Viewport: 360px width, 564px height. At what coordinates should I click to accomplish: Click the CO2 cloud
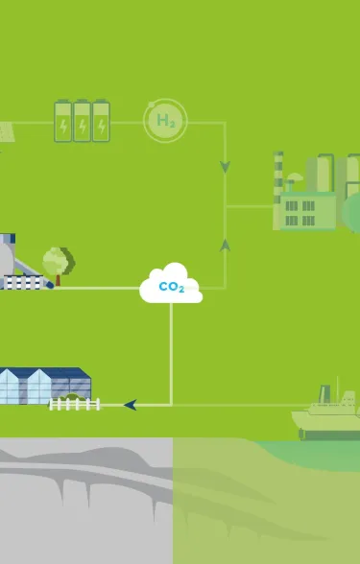[x=171, y=285]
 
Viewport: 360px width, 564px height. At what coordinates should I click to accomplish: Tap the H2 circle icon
[x=165, y=121]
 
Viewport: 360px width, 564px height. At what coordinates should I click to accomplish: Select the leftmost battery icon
[x=63, y=122]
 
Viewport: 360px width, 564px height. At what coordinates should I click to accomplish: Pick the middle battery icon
[x=82, y=122]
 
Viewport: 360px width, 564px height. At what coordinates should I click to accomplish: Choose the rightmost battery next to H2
[x=100, y=122]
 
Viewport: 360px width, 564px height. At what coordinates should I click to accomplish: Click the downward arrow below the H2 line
[x=226, y=167]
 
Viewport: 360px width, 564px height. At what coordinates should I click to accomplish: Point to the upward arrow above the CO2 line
[x=226, y=246]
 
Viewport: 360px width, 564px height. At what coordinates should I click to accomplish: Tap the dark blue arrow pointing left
[x=131, y=405]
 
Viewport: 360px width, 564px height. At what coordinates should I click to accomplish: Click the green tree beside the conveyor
[x=58, y=261]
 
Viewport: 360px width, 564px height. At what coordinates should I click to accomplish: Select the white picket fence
[x=75, y=405]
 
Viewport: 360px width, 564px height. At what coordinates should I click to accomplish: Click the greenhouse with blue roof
[x=43, y=384]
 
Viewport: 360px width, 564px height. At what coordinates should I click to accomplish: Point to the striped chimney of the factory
[x=278, y=177]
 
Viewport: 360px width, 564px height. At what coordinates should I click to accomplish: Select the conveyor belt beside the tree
[x=27, y=283]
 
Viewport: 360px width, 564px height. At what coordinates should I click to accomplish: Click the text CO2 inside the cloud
[x=171, y=288]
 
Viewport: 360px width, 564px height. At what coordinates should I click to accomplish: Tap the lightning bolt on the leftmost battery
[x=63, y=126]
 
